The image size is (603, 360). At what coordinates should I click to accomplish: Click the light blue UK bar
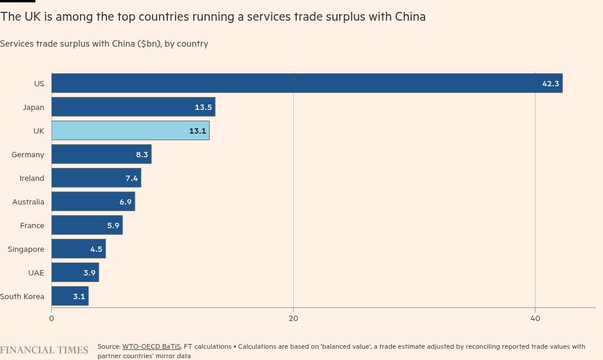[130, 131]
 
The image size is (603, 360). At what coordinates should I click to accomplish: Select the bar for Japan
[133, 107]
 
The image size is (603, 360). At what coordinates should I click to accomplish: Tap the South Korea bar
[70, 296]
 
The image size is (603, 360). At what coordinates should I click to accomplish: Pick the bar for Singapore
[78, 249]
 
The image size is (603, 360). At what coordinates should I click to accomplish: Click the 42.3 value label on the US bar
[550, 83]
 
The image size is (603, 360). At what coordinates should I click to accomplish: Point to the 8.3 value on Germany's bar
[142, 154]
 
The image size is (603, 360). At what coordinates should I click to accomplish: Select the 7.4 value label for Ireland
[131, 178]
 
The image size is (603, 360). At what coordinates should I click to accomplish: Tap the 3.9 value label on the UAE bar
[89, 273]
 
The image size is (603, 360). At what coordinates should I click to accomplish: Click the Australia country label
[28, 202]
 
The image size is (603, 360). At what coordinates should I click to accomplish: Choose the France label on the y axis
[32, 225]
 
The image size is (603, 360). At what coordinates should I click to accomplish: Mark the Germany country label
[28, 154]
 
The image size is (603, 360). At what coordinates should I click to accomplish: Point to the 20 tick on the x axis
[293, 318]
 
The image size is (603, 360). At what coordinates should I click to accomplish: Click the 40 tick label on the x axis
[535, 318]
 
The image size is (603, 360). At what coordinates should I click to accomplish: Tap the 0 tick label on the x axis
[51, 318]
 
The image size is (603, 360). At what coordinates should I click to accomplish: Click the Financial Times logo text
[44, 350]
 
